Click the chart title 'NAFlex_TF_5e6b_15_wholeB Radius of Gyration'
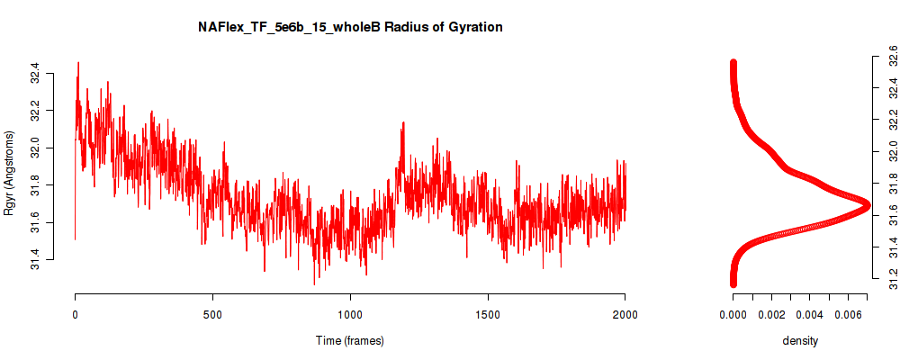[350, 27]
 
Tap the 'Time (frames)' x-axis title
[349, 340]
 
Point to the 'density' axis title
[800, 340]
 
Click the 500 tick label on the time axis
[213, 314]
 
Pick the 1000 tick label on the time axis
[350, 314]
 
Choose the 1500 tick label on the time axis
[488, 314]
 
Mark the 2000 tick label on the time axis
[625, 314]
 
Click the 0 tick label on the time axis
[76, 314]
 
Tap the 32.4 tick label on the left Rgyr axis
[35, 74]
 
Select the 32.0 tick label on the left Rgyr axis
[35, 148]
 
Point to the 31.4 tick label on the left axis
[35, 259]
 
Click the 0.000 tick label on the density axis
[733, 314]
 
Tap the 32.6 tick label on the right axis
[890, 57]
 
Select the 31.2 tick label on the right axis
[890, 279]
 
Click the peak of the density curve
[866, 205]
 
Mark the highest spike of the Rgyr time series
[78, 63]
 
